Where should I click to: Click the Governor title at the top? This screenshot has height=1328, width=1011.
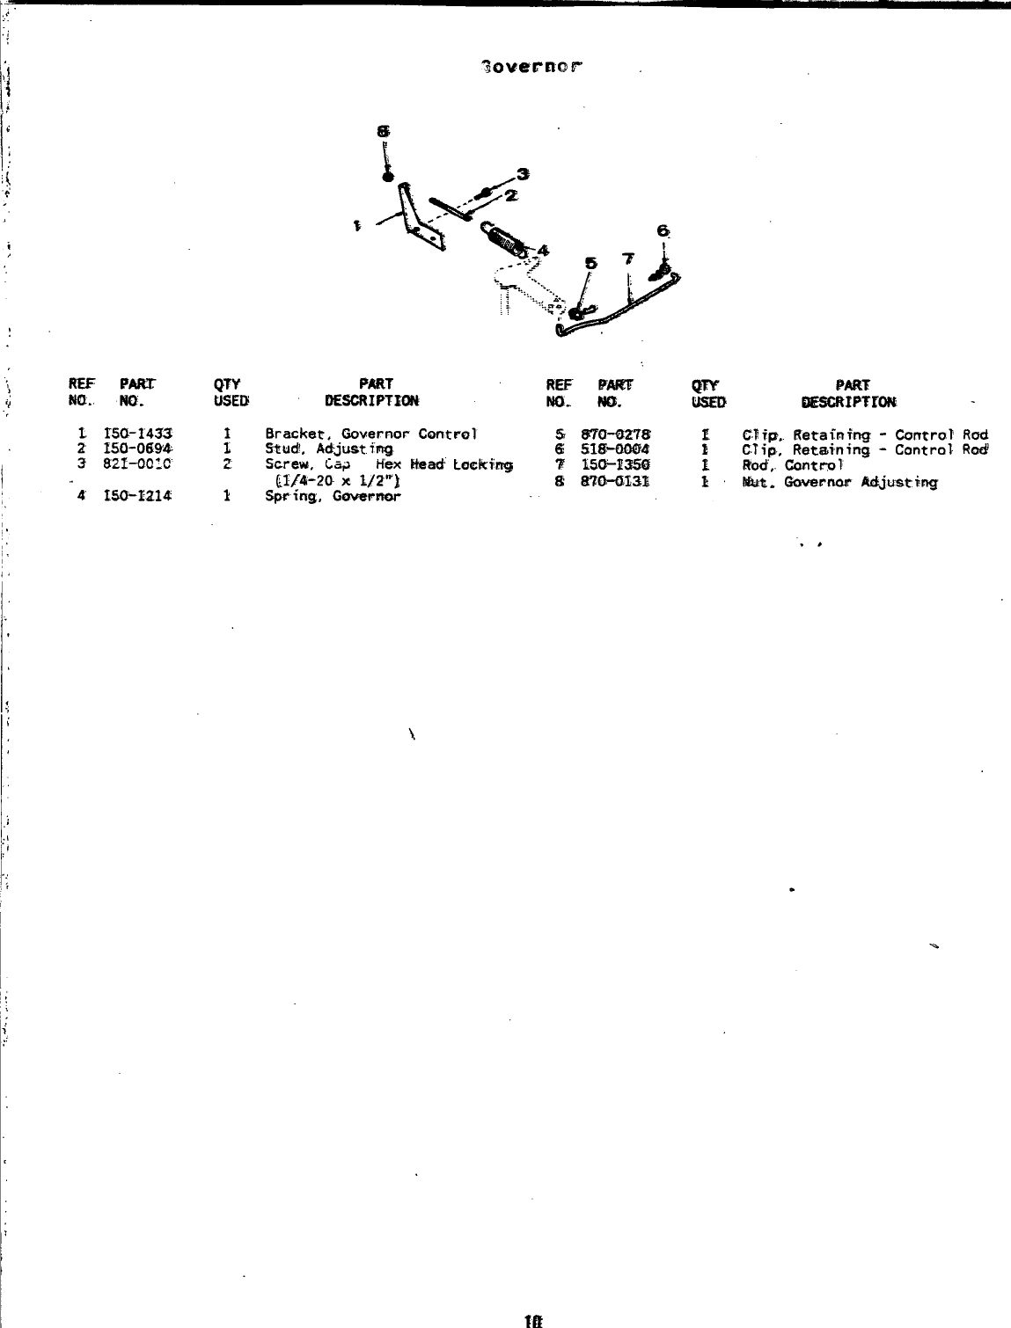pyautogui.click(x=531, y=67)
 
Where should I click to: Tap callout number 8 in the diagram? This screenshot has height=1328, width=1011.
pyautogui.click(x=383, y=130)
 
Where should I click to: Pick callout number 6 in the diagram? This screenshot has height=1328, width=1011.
pyautogui.click(x=663, y=231)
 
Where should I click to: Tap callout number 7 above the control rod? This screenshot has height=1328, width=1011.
pyautogui.click(x=627, y=259)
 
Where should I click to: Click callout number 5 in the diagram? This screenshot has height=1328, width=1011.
pyautogui.click(x=590, y=262)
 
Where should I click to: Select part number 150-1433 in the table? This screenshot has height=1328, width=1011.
pyautogui.click(x=137, y=434)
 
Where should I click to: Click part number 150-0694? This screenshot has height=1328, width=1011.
pyautogui.click(x=137, y=449)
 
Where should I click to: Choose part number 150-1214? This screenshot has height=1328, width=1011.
pyautogui.click(x=137, y=496)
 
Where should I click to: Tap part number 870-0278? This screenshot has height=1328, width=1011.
pyautogui.click(x=614, y=434)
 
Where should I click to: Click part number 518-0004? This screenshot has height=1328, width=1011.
pyautogui.click(x=614, y=449)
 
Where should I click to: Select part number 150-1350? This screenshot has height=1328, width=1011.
pyautogui.click(x=614, y=465)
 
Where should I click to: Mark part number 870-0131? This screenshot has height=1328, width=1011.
pyautogui.click(x=614, y=481)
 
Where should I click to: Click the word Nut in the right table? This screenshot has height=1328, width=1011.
pyautogui.click(x=754, y=482)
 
